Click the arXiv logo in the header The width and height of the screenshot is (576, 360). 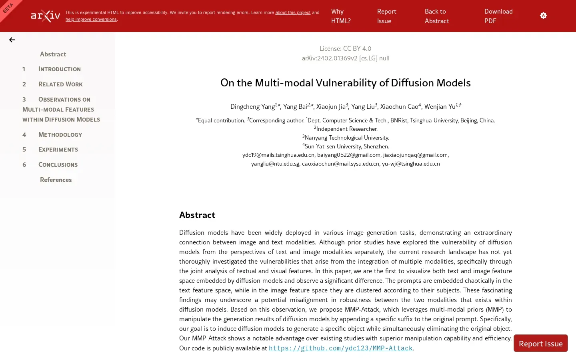click(46, 16)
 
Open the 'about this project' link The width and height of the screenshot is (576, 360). click(292, 12)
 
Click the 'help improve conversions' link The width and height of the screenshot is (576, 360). click(91, 19)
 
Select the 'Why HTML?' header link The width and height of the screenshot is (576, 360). click(341, 16)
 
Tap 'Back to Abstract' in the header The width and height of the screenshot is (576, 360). click(436, 16)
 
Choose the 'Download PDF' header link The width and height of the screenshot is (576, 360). click(498, 16)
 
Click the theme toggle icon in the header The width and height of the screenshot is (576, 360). click(543, 16)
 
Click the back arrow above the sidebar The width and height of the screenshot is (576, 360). click(12, 40)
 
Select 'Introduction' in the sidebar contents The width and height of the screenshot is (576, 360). click(59, 69)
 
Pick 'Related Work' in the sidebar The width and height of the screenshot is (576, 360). click(60, 84)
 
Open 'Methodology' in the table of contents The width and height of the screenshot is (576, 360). click(60, 135)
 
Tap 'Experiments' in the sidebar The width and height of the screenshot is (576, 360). click(58, 150)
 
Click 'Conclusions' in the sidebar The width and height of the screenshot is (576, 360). click(58, 165)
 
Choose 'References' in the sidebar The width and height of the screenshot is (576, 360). click(56, 180)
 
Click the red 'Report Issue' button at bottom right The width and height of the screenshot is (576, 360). click(540, 344)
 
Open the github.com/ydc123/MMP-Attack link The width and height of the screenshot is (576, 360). click(340, 348)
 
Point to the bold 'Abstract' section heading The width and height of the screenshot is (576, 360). click(197, 215)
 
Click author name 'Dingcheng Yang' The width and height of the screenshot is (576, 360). click(252, 107)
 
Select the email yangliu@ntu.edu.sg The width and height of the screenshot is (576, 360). click(275, 164)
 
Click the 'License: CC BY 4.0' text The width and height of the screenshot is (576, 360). click(345, 48)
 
